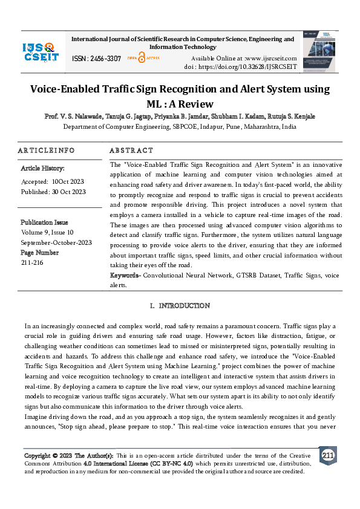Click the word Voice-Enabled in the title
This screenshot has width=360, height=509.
[68, 89]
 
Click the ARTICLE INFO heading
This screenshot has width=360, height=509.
[47, 151]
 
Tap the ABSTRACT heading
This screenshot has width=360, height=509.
[131, 151]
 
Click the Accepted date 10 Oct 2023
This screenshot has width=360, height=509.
[68, 181]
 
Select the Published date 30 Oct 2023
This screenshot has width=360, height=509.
[69, 192]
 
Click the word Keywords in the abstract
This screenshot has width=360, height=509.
[125, 275]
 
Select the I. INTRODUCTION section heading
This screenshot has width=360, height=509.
[180, 306]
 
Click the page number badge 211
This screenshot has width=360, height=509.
[327, 455]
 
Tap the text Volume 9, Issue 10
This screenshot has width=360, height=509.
[47, 232]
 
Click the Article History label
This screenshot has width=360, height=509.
[43, 168]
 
